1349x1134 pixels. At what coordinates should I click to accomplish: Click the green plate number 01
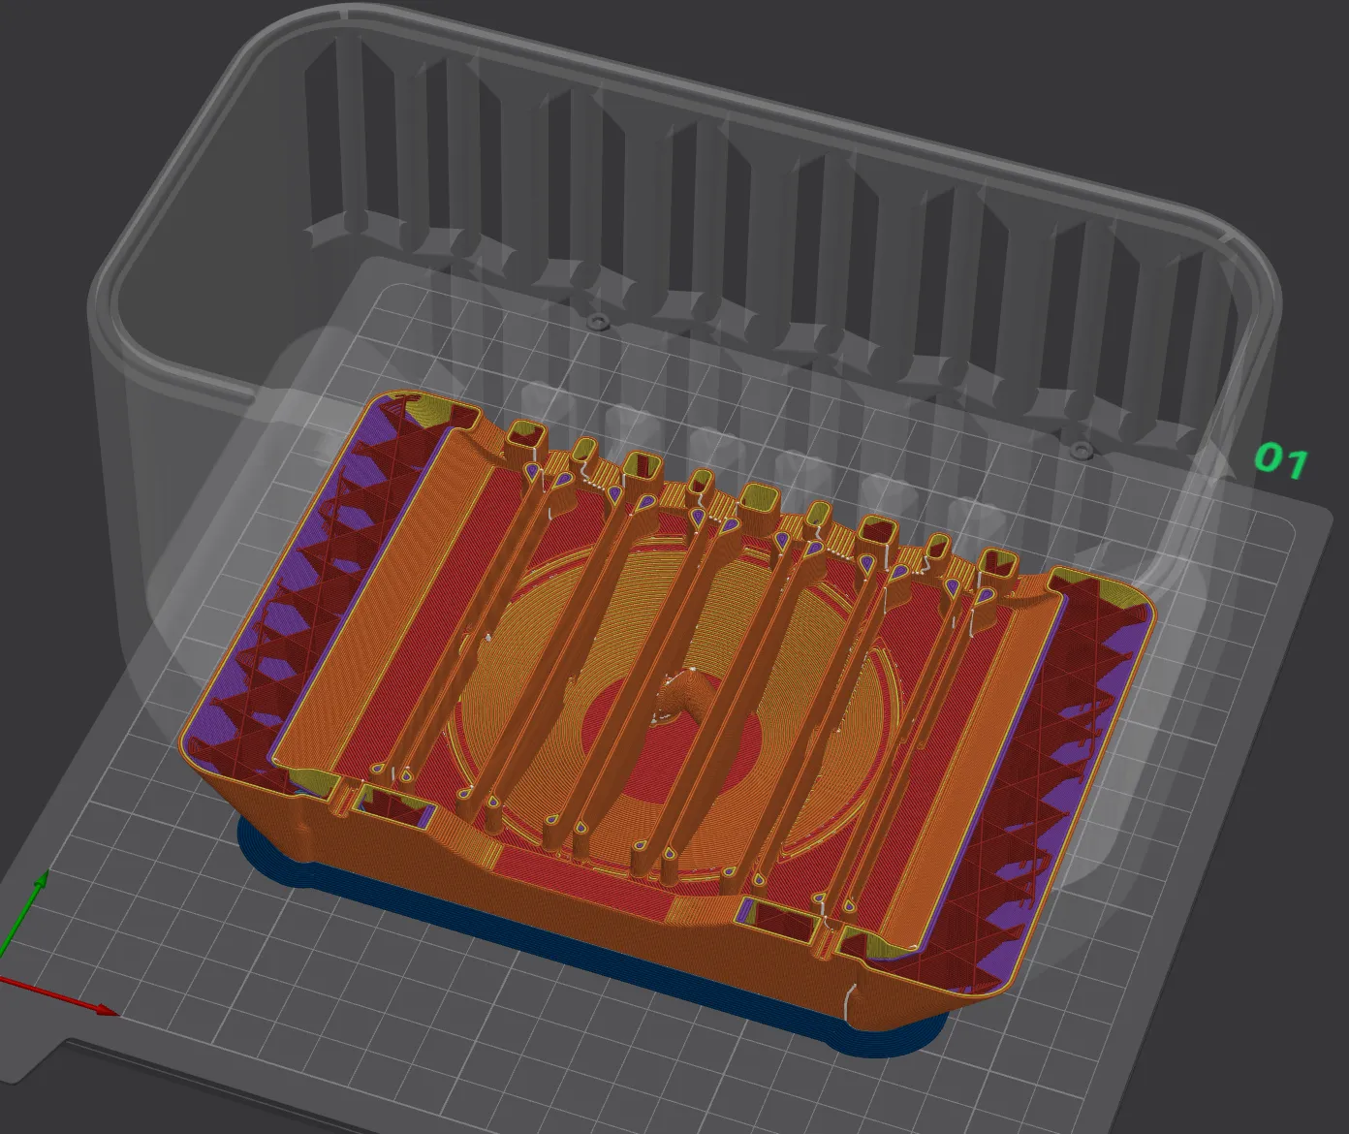click(x=1281, y=460)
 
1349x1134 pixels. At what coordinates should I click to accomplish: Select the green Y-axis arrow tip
click(x=42, y=877)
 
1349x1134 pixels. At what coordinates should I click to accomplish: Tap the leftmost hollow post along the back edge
click(x=525, y=436)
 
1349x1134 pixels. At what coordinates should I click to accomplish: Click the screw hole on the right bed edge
click(x=1081, y=449)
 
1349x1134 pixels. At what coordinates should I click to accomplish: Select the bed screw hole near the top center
click(x=598, y=319)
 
